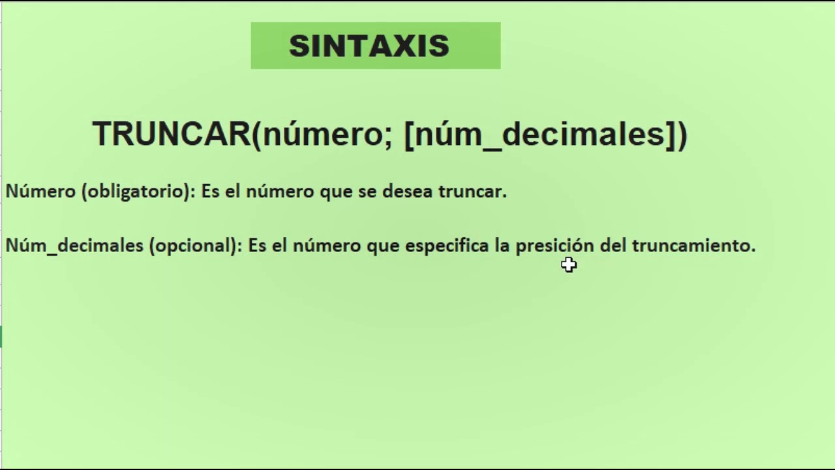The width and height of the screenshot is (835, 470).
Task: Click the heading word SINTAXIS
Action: (x=369, y=46)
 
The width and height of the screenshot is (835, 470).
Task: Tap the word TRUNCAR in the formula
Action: (x=172, y=134)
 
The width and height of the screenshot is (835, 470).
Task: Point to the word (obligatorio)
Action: (x=138, y=191)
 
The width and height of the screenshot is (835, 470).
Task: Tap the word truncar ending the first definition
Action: (x=472, y=191)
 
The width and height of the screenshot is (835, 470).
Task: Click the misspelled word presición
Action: (x=554, y=246)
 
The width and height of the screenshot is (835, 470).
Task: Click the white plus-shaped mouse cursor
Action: (x=569, y=264)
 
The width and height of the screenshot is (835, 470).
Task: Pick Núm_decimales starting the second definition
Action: (x=74, y=245)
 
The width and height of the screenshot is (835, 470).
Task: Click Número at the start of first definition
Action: (x=40, y=191)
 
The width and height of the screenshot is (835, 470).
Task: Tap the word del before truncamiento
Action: (x=613, y=245)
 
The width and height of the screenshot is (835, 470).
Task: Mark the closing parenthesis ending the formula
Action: (x=682, y=134)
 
